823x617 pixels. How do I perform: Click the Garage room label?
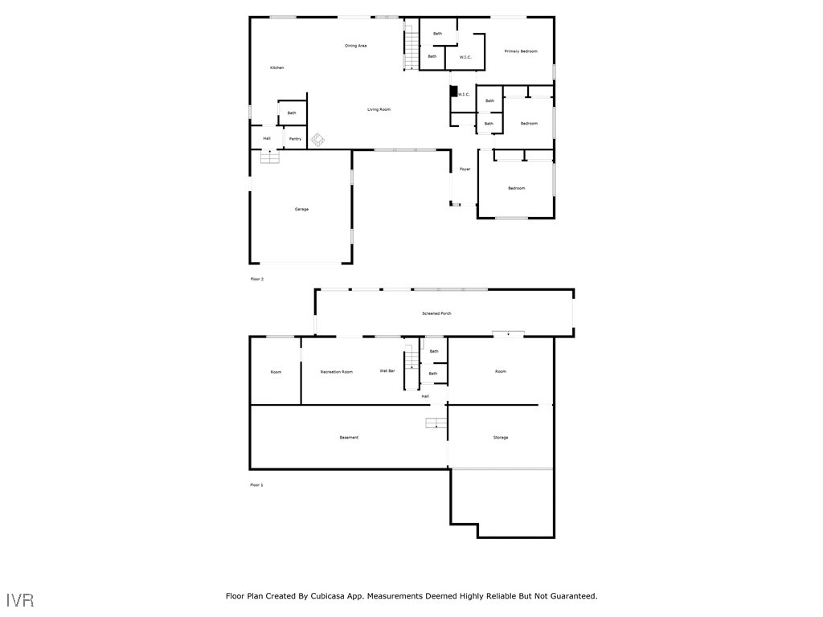click(x=301, y=209)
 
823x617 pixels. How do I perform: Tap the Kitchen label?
click(x=276, y=67)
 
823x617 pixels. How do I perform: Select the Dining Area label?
click(x=356, y=46)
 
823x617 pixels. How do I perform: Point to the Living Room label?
click(x=379, y=109)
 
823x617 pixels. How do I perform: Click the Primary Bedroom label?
click(x=520, y=51)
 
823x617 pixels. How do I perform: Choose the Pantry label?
click(x=295, y=139)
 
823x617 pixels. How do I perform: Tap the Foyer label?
click(x=465, y=170)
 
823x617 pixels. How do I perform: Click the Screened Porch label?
click(x=436, y=313)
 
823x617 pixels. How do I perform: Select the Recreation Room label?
click(x=336, y=372)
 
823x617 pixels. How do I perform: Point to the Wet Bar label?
click(x=387, y=371)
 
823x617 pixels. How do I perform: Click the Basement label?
click(x=349, y=438)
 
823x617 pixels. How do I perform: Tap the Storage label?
click(x=500, y=438)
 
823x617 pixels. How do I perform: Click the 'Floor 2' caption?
click(x=256, y=279)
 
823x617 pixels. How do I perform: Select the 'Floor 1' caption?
click(x=256, y=485)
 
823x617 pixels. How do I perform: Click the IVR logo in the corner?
click(x=20, y=600)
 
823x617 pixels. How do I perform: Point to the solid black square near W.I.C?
click(x=453, y=92)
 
